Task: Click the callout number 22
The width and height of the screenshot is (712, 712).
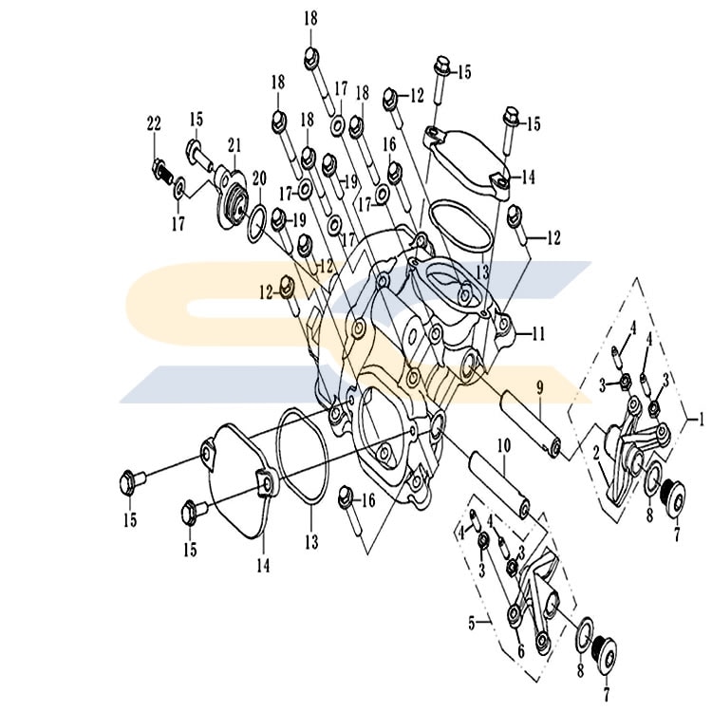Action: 154,123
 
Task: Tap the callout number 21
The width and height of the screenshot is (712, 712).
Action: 234,145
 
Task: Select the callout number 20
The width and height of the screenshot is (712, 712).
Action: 259,178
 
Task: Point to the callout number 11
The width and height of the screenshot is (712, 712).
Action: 538,335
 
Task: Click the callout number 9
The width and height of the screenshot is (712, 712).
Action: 540,387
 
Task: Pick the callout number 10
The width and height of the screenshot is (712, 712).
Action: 504,445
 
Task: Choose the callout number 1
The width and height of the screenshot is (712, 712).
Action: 701,419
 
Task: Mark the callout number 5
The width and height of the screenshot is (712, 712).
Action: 471,624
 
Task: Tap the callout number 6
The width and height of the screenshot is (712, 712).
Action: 521,651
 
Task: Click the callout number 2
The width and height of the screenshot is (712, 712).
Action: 596,452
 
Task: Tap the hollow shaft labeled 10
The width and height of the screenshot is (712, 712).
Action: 500,484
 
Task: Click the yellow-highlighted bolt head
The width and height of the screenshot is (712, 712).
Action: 287,287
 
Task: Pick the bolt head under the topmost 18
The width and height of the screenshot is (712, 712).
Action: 311,58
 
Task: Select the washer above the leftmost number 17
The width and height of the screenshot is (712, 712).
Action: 179,188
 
